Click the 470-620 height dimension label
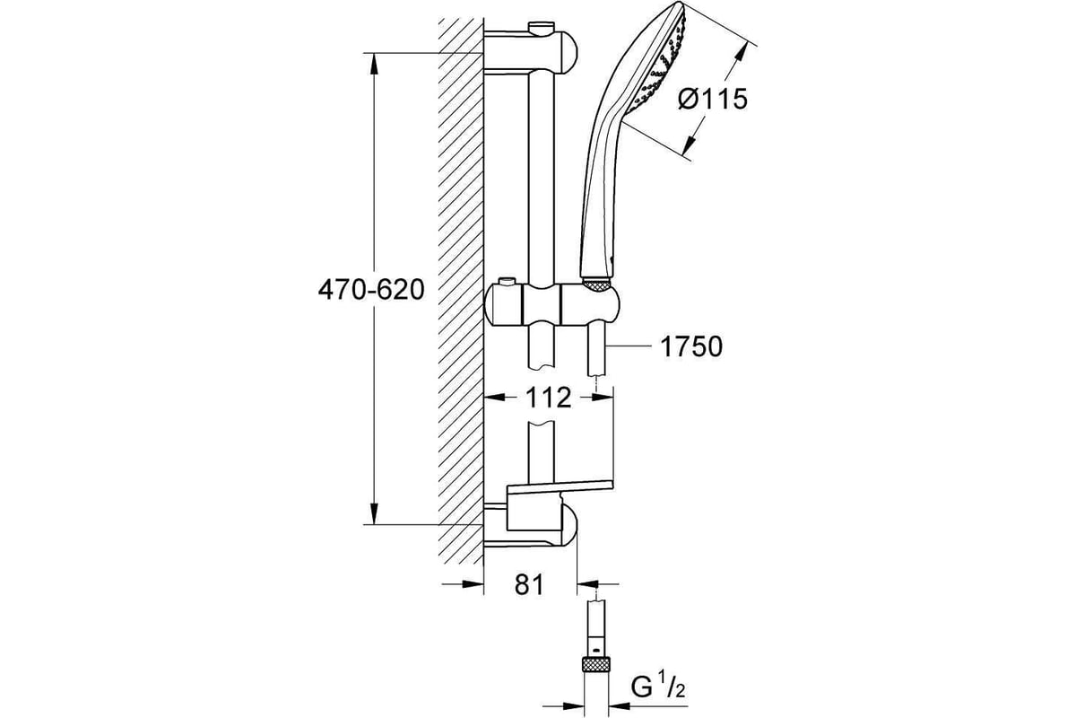(371, 290)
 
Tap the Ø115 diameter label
(713, 100)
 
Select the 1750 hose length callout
(691, 346)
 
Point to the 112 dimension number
(549, 398)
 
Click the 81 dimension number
(529, 585)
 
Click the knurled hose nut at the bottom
(596, 665)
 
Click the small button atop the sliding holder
(507, 282)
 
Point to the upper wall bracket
(531, 52)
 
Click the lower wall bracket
(531, 527)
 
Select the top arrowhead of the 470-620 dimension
(375, 64)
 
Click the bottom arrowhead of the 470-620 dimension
(375, 513)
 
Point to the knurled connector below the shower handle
(597, 285)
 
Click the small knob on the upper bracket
(542, 26)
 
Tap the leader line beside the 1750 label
(629, 346)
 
